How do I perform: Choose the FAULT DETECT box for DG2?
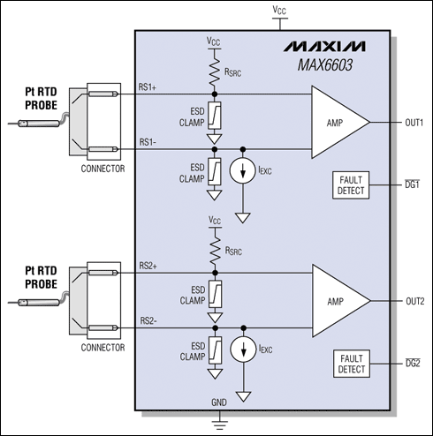pyautogui.click(x=353, y=362)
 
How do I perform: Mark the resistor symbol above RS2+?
pyautogui.click(x=213, y=247)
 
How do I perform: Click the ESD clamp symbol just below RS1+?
pyautogui.click(x=213, y=114)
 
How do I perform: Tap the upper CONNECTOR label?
pyautogui.click(x=102, y=169)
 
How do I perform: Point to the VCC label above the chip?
pyautogui.click(x=280, y=11)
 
